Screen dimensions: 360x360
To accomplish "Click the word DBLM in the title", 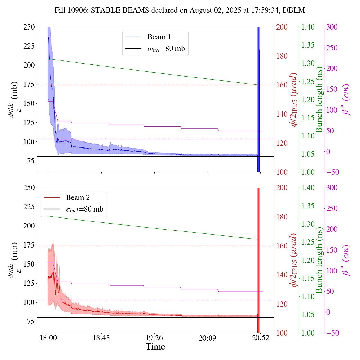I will tap(294, 10).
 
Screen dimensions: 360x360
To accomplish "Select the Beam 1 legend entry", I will tap(159, 37).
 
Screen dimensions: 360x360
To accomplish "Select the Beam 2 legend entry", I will tap(78, 198).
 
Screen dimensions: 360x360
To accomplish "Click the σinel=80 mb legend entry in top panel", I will tap(166, 49).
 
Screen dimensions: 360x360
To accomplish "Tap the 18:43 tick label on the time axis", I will tap(101, 338).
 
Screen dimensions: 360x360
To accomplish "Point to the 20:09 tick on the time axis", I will tap(208, 338).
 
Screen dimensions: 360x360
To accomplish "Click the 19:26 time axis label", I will tap(154, 338).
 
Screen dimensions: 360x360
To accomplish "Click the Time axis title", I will tap(155, 347).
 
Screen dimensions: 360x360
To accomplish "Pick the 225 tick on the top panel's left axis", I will tap(29, 46).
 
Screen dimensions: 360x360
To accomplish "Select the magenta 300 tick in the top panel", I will tap(332, 27).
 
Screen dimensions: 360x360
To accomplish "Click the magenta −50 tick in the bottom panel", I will tap(332, 333).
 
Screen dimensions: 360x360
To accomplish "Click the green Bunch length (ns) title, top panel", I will tap(319, 100).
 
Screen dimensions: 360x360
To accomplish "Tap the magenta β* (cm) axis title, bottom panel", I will tap(346, 260).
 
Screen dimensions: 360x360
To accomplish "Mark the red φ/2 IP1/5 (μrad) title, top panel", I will tap(294, 100).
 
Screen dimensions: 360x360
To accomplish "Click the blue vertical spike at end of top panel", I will tap(258, 98).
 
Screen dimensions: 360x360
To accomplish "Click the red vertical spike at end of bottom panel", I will tap(258, 259).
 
